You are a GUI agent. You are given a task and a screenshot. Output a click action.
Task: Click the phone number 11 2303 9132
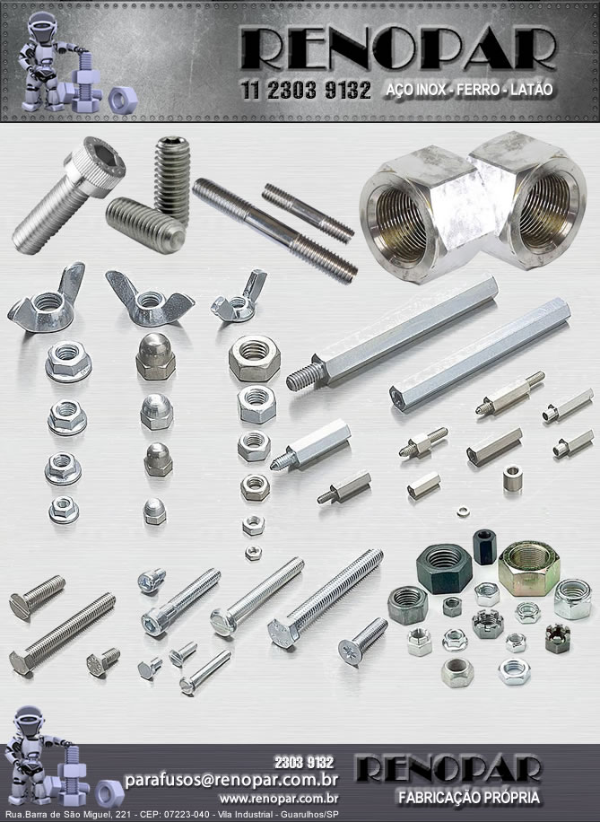point(306,91)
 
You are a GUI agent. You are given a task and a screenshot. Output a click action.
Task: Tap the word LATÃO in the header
point(531,90)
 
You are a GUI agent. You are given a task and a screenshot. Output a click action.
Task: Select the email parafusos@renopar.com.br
point(231,780)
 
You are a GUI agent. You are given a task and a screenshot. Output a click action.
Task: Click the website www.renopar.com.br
point(279,799)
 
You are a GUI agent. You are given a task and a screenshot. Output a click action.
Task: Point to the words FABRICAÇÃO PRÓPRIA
point(468,799)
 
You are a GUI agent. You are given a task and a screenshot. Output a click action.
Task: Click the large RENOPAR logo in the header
point(397,48)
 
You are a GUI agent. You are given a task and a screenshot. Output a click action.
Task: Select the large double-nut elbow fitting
point(473,207)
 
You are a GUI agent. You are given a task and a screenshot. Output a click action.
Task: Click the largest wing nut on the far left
point(46,299)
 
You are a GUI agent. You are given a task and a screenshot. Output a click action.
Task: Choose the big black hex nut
point(444,568)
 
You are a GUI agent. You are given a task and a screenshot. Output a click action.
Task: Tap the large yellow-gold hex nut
point(529,569)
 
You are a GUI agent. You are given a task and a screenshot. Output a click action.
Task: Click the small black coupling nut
point(484,547)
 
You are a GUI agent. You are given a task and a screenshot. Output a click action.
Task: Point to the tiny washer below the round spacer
point(462,511)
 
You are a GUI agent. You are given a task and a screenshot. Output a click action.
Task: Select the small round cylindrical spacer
point(512,478)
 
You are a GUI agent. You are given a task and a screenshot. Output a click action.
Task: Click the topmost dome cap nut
point(156,356)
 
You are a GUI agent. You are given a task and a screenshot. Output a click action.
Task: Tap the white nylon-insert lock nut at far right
point(572,599)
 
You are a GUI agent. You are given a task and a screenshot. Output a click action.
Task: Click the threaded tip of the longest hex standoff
point(304,375)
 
